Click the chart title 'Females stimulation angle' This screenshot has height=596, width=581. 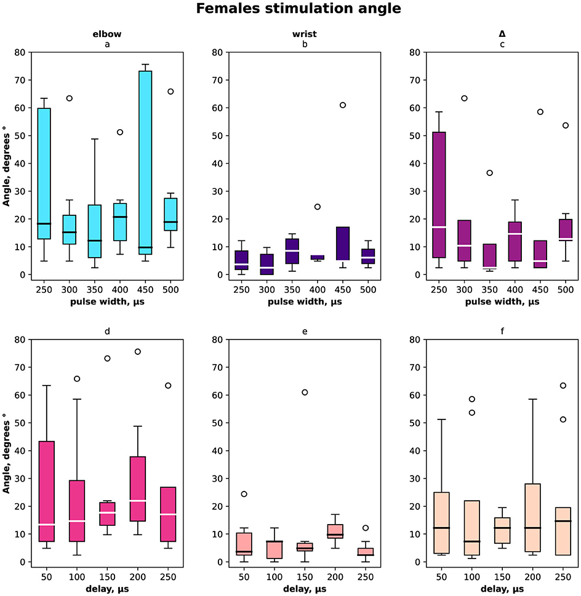click(299, 9)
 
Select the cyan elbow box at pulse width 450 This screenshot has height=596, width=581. click(145, 162)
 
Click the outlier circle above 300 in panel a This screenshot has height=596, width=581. click(69, 98)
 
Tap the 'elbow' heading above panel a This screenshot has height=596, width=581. click(107, 34)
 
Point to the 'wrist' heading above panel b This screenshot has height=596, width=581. click(305, 34)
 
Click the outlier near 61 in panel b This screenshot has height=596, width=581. click(343, 105)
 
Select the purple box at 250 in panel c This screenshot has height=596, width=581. click(439, 195)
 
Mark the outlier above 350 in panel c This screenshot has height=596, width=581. click(490, 173)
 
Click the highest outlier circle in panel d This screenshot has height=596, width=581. click(138, 352)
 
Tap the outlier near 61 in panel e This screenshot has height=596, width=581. click(305, 392)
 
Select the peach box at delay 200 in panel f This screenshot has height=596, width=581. click(533, 518)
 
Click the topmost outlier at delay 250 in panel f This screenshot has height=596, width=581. click(563, 386)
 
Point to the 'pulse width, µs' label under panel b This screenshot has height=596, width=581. click(305, 302)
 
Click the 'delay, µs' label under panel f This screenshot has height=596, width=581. click(502, 589)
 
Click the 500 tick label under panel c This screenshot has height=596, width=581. click(566, 290)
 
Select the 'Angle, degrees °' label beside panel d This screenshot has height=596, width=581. click(6, 456)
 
